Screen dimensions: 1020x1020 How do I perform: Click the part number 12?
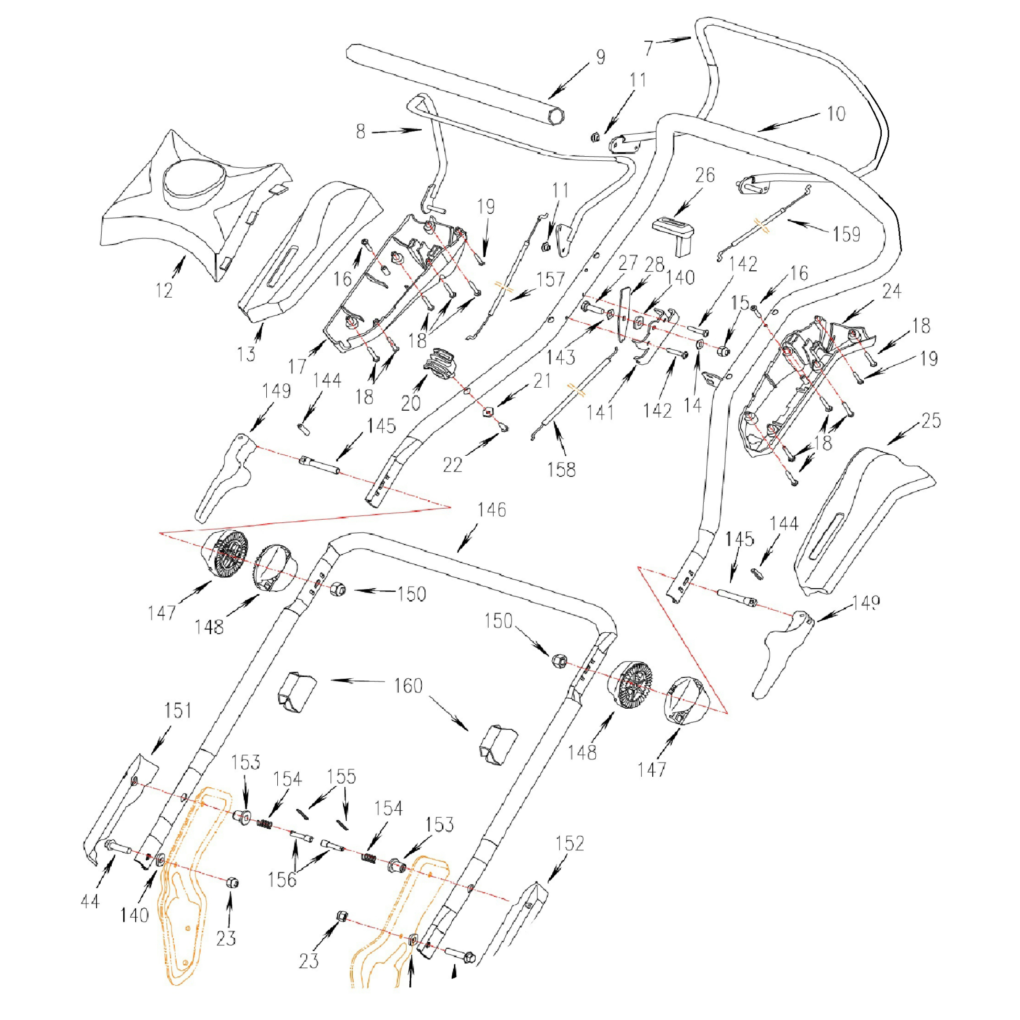coord(164,290)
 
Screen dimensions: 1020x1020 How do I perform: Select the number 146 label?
coord(491,510)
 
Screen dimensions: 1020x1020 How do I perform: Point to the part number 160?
coord(408,686)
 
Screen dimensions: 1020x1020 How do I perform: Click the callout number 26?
coord(705,175)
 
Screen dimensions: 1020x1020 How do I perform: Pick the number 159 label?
coord(846,234)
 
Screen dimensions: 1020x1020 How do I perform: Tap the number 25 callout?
coord(931,420)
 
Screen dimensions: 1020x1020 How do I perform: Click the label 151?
coord(178,711)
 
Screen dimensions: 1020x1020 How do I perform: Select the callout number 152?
coord(570,844)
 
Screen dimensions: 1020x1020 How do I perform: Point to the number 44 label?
coord(90,901)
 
